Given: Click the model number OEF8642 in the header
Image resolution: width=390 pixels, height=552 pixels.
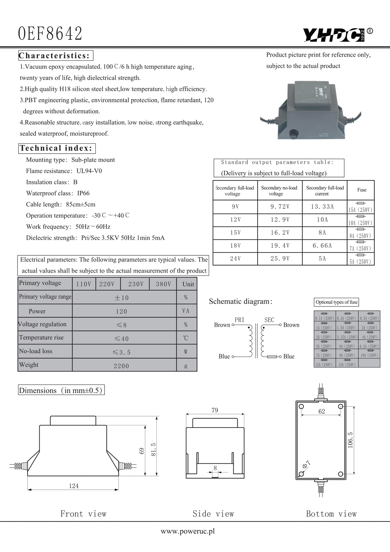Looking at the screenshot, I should (50, 34).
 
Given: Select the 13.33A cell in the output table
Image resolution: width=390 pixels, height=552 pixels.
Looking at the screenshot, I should (322, 207).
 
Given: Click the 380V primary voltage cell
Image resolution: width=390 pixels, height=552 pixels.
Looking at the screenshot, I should (163, 284).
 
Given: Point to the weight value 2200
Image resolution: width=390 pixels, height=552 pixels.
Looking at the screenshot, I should (121, 366).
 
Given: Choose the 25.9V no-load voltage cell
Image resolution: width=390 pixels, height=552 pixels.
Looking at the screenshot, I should (280, 259).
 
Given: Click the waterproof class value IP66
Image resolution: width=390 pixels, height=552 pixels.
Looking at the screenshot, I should (83, 193).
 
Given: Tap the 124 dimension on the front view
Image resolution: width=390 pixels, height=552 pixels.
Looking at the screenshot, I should (74, 486).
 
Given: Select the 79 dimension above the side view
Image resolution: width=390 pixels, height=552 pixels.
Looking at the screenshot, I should (215, 410).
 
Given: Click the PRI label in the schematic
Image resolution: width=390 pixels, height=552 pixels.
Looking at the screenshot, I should (239, 320).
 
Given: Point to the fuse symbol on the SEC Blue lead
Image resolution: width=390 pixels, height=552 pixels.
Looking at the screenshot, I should (272, 357).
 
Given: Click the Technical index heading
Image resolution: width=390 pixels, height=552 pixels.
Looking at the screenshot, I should (56, 148).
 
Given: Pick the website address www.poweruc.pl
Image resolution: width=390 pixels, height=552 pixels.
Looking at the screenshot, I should (188, 531).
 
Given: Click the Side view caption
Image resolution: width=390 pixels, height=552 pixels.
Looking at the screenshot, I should (213, 514).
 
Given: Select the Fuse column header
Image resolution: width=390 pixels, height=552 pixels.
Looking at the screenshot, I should (362, 190).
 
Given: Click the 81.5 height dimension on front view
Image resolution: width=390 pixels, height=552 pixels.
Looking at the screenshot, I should (154, 450).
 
